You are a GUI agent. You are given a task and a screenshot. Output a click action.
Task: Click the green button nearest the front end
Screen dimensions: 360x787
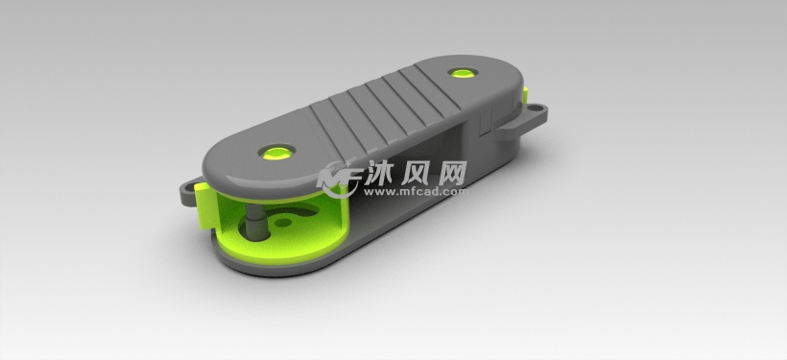277,151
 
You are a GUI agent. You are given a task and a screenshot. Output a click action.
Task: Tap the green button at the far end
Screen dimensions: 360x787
467,72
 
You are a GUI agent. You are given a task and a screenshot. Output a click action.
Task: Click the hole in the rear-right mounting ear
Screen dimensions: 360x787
537,114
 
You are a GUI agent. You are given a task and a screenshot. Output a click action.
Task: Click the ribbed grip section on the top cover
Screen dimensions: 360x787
384,106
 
